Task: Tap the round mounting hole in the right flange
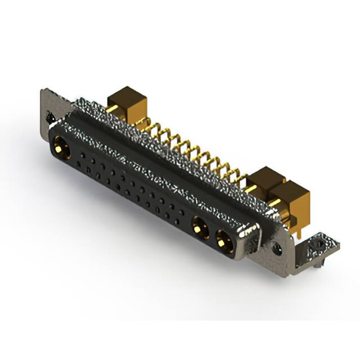(277, 247)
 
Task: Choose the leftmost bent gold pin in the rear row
(148, 128)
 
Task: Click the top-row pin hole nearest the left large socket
(82, 153)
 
